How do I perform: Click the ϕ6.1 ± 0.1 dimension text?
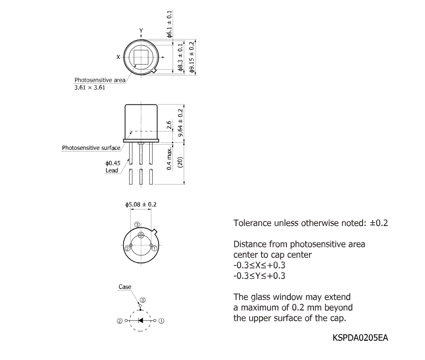click(x=169, y=24)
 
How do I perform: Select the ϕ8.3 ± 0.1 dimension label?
click(x=180, y=57)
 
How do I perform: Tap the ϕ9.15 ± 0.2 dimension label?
click(x=192, y=57)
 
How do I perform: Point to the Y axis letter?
click(x=141, y=30)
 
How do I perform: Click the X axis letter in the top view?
click(x=118, y=57)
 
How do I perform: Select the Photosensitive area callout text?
click(x=100, y=80)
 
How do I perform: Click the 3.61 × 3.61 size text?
click(x=90, y=87)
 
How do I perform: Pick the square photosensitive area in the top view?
click(x=141, y=57)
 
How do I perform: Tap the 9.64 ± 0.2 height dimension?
click(x=180, y=123)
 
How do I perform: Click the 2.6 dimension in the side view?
click(x=169, y=125)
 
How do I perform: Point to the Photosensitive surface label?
click(x=91, y=148)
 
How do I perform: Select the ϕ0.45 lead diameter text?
click(x=113, y=163)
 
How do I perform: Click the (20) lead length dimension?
click(x=180, y=162)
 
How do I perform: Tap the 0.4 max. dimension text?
click(x=169, y=158)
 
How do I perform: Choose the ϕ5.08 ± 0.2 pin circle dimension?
click(x=141, y=204)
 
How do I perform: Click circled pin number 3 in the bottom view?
click(x=137, y=225)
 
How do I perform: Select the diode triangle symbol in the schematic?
click(x=140, y=320)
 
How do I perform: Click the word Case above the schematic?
click(x=125, y=287)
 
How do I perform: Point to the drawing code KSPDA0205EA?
click(x=360, y=338)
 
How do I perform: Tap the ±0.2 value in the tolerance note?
click(x=379, y=223)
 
